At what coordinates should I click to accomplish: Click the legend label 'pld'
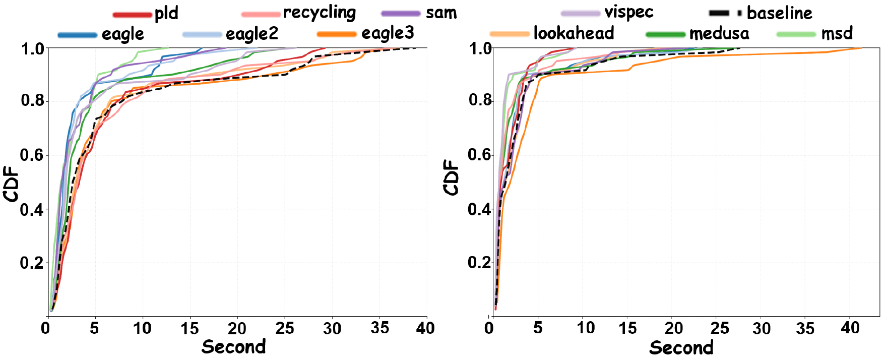pyautogui.click(x=166, y=14)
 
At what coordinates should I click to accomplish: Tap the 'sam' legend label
pyautogui.click(x=441, y=13)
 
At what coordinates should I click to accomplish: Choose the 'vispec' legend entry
pyautogui.click(x=628, y=13)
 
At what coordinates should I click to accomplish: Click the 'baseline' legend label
pyautogui.click(x=779, y=13)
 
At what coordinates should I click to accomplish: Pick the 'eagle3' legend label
pyautogui.click(x=388, y=33)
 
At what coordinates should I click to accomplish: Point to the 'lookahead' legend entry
pyautogui.click(x=574, y=34)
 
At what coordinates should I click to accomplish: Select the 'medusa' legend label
pyautogui.click(x=719, y=34)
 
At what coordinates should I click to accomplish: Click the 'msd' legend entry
pyautogui.click(x=837, y=34)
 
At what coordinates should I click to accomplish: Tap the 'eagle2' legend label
pyautogui.click(x=251, y=34)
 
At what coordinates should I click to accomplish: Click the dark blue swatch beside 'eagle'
pyautogui.click(x=77, y=35)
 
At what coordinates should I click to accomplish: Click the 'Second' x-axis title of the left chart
pyautogui.click(x=233, y=347)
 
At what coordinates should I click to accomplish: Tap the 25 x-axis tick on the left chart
pyautogui.click(x=285, y=329)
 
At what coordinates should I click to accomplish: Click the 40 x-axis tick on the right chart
pyautogui.click(x=850, y=328)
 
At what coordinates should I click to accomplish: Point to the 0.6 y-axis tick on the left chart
pyautogui.click(x=32, y=155)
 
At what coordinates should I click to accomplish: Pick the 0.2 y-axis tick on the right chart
pyautogui.click(x=479, y=262)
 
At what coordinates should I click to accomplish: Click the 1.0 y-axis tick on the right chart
pyautogui.click(x=480, y=49)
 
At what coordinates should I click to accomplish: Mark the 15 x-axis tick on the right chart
pyautogui.click(x=628, y=329)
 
